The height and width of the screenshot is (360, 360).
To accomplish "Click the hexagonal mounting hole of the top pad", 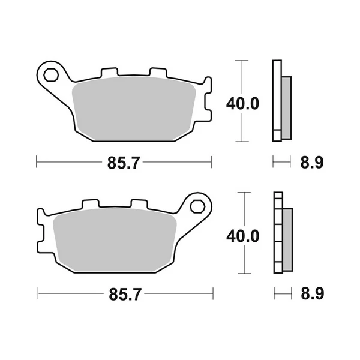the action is [51, 75].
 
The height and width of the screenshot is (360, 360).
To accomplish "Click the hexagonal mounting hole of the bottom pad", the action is [197, 206].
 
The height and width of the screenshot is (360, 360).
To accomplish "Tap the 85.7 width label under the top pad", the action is [124, 163].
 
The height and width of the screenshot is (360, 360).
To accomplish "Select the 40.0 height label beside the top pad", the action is [242, 104].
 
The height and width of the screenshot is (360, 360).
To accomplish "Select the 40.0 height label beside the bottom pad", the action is [243, 236].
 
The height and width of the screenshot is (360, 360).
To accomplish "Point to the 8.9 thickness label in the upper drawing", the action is [312, 163].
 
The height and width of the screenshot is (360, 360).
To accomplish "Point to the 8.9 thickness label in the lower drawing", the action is [313, 293].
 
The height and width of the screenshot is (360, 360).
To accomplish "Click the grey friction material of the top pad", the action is [134, 109].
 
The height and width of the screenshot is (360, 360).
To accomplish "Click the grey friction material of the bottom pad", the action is [115, 240].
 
